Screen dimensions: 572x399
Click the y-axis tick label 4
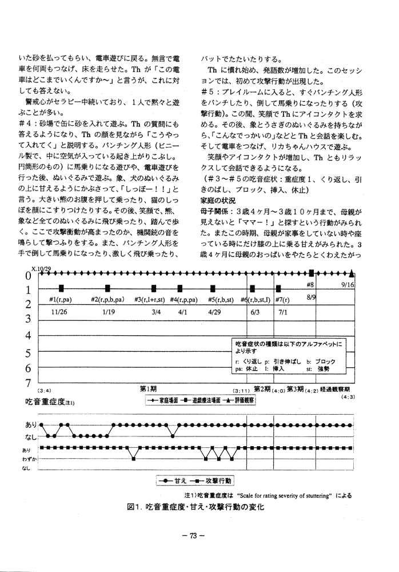(x=27, y=335)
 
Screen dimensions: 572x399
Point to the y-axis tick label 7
(x=27, y=383)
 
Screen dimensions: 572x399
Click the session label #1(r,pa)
(x=60, y=300)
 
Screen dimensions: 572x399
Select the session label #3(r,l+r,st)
(x=150, y=300)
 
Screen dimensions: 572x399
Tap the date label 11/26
(x=59, y=312)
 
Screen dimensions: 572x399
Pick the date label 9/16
(x=349, y=284)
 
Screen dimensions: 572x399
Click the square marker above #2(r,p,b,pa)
(x=107, y=288)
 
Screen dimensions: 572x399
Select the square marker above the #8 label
(x=313, y=273)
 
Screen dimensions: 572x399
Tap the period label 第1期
(x=149, y=389)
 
